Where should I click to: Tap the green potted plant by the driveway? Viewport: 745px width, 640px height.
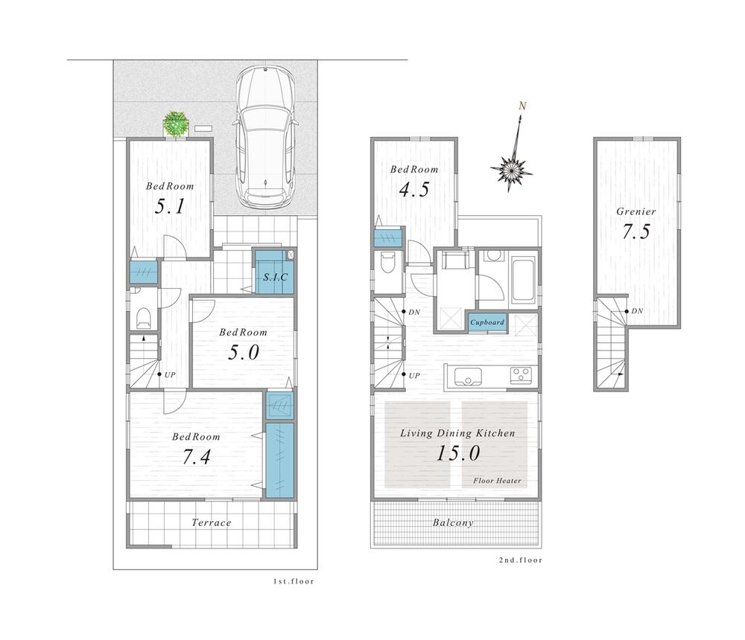coord(177,124)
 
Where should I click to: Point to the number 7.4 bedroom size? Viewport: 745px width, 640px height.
coord(197,458)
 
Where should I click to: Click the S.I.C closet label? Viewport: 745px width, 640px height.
coord(273,277)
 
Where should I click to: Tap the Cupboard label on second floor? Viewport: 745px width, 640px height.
coord(486,322)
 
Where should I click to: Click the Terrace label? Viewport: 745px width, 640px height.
coord(212,522)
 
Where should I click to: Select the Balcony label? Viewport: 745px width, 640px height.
coord(453,522)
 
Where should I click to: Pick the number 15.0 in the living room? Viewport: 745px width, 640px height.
coord(457,452)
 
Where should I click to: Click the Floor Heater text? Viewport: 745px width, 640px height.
coord(497,481)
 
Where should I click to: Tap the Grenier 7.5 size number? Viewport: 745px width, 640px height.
coord(635,231)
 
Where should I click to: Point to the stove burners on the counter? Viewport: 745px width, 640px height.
coord(520,375)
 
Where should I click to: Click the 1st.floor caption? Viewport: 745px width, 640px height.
coord(293,581)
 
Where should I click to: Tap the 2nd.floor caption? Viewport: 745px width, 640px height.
coord(520,560)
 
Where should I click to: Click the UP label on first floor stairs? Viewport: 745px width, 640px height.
coord(170,374)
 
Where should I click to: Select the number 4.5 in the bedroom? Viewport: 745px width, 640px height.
coord(414,190)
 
